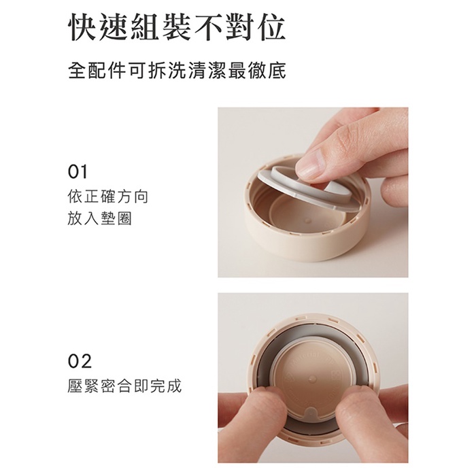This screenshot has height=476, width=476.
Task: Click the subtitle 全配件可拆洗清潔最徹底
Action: tap(177, 71)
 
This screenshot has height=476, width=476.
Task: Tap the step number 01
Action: tap(78, 172)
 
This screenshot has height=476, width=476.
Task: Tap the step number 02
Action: tap(80, 361)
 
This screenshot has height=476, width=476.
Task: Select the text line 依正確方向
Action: tap(107, 197)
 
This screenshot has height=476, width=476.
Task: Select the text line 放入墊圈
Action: tap(99, 218)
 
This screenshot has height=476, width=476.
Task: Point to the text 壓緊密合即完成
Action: tap(124, 386)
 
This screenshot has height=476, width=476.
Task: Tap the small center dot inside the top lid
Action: tap(308, 220)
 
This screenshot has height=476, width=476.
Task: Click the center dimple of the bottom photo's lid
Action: tap(312, 379)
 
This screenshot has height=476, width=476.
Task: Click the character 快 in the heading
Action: tap(83, 27)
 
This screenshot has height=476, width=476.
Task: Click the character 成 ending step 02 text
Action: tap(175, 386)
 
